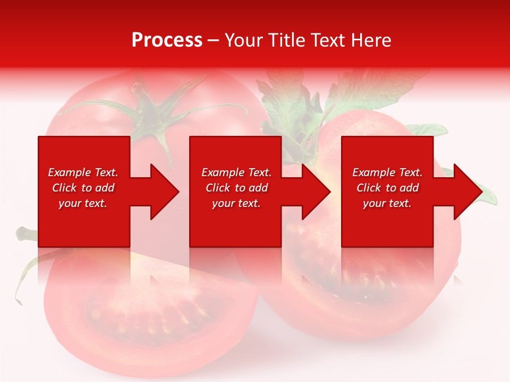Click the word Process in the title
tap(167, 40)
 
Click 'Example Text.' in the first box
tap(83, 172)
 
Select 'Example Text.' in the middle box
tap(236, 172)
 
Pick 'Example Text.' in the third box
tap(387, 172)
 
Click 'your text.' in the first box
tap(83, 203)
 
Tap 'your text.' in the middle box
tap(236, 203)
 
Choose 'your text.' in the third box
tap(387, 203)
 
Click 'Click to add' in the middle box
tap(236, 188)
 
